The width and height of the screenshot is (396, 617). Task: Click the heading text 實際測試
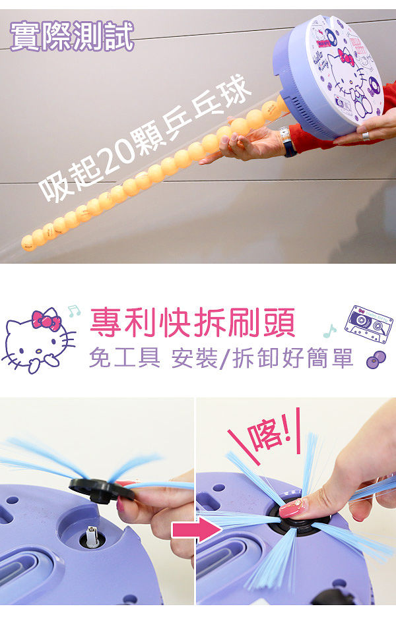(x=72, y=36)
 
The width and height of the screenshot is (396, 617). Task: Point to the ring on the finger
(x=366, y=136)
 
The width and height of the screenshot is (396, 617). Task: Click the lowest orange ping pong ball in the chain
(x=28, y=243)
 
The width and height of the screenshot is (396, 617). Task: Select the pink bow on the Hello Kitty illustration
(x=46, y=320)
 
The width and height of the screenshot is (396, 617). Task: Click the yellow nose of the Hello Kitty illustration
(x=39, y=351)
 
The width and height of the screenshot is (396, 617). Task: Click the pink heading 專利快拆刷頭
(x=193, y=322)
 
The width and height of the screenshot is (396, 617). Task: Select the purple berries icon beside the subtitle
(x=376, y=360)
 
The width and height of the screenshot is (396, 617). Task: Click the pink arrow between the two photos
(x=197, y=529)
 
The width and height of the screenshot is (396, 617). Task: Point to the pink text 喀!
(x=269, y=432)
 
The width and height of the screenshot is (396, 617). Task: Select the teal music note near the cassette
(x=329, y=331)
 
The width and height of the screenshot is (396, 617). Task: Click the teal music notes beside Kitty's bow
(x=74, y=311)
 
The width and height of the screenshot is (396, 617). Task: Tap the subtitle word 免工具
(x=125, y=358)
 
